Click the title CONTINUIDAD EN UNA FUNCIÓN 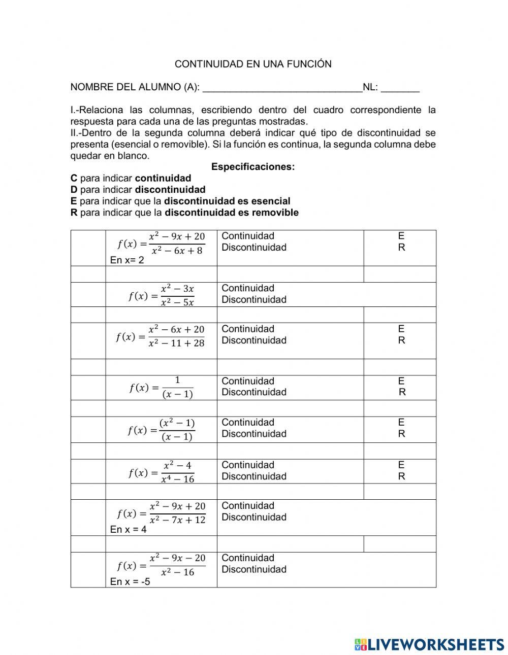click(x=253, y=64)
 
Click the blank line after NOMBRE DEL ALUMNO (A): click(x=282, y=88)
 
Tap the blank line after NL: click(x=400, y=88)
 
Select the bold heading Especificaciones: click(x=253, y=167)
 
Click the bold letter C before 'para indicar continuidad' click(x=74, y=178)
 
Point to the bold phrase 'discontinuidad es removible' click(x=232, y=213)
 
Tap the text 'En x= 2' click(x=127, y=260)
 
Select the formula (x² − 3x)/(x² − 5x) click(x=161, y=295)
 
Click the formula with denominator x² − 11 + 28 click(x=161, y=336)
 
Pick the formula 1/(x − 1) click(x=161, y=388)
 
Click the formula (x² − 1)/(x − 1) click(x=161, y=430)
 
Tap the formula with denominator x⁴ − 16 click(x=161, y=472)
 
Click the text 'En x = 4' click(x=128, y=529)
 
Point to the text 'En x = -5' click(x=130, y=581)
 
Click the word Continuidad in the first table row click(x=248, y=236)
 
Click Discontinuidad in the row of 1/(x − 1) click(x=254, y=392)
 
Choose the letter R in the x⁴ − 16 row click(x=401, y=476)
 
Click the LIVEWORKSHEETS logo click(x=429, y=644)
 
